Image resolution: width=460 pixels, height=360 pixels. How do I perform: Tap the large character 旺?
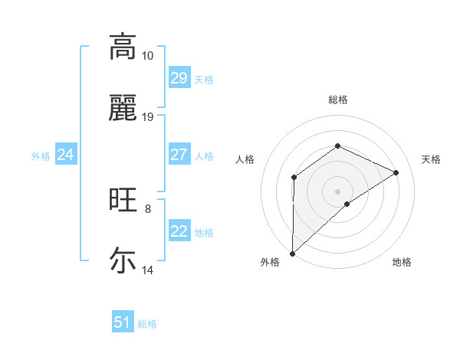click(x=123, y=200)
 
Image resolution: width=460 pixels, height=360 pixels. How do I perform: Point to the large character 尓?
click(x=123, y=260)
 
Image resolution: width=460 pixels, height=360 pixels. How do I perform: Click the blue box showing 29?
click(x=179, y=78)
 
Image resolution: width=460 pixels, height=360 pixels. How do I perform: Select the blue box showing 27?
click(x=179, y=155)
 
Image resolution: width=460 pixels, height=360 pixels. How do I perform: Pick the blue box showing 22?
click(x=179, y=232)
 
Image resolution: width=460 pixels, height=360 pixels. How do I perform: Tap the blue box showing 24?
click(x=65, y=155)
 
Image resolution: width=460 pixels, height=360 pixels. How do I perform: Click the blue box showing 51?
click(x=123, y=323)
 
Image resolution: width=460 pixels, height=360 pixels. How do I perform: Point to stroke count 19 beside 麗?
click(x=148, y=117)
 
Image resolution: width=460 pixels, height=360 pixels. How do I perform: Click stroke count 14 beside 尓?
click(x=148, y=270)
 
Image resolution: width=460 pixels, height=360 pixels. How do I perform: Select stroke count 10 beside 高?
click(x=148, y=56)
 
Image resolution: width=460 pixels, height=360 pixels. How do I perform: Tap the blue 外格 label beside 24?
click(x=41, y=156)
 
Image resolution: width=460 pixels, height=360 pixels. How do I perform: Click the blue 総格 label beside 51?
click(x=147, y=324)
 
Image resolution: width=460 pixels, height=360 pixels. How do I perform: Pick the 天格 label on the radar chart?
click(x=431, y=159)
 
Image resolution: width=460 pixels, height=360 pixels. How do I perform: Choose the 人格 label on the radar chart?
click(x=245, y=159)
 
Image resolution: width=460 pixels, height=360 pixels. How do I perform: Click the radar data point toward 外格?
click(x=292, y=253)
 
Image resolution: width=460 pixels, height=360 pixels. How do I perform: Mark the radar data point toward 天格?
click(x=396, y=172)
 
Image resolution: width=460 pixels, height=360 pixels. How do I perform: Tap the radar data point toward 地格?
click(x=347, y=204)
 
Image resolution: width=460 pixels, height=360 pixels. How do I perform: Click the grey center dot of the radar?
click(x=337, y=191)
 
